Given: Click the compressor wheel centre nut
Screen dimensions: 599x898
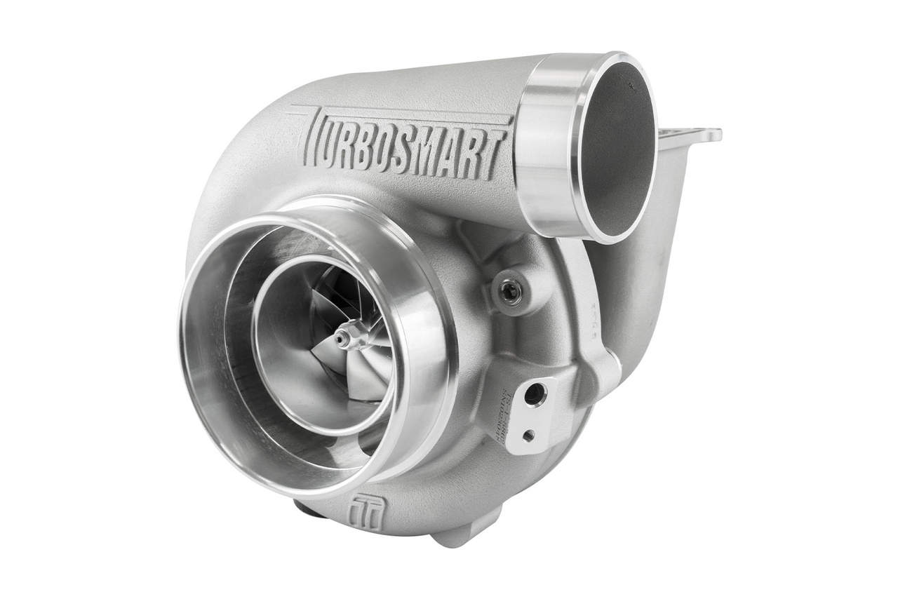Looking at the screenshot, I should point(342,338).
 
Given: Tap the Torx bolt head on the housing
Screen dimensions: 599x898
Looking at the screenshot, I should point(510,292).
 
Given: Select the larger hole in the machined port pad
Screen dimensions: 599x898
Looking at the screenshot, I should point(535,394).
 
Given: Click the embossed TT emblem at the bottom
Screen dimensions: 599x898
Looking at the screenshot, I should point(368,513).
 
